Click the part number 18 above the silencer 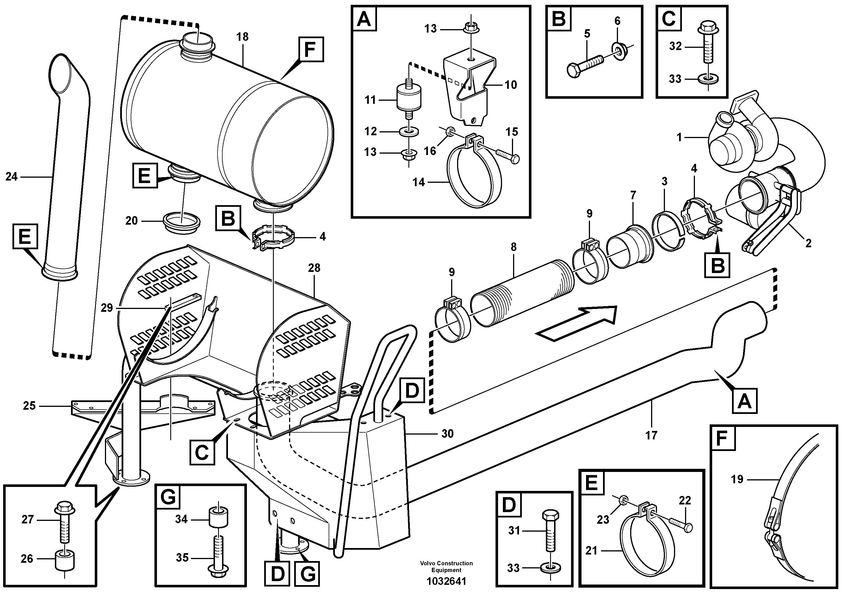click(242, 37)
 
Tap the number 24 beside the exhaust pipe click(11, 177)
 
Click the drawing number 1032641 click(446, 581)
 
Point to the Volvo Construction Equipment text click(446, 566)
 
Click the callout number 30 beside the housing click(447, 434)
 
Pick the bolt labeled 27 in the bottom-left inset click(64, 522)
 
